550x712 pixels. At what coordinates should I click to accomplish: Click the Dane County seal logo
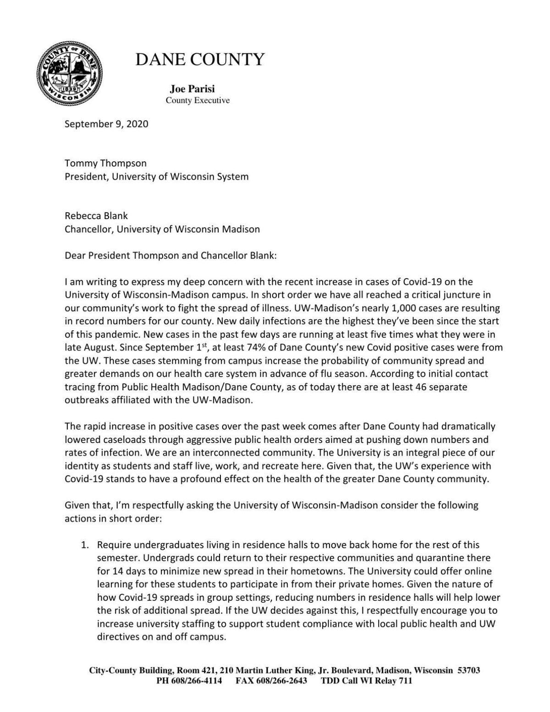(69, 73)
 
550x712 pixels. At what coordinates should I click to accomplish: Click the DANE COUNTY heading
(200, 60)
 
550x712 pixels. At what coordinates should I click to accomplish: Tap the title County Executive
(198, 100)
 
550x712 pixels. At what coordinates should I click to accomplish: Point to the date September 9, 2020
(106, 124)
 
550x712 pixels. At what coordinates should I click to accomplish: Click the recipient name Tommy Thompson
(105, 163)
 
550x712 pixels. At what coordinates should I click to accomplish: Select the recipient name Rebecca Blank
(96, 216)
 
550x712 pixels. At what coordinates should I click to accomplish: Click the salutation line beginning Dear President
(170, 255)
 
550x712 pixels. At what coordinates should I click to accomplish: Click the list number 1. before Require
(84, 545)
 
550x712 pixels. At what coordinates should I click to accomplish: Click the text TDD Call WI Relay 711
(366, 680)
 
